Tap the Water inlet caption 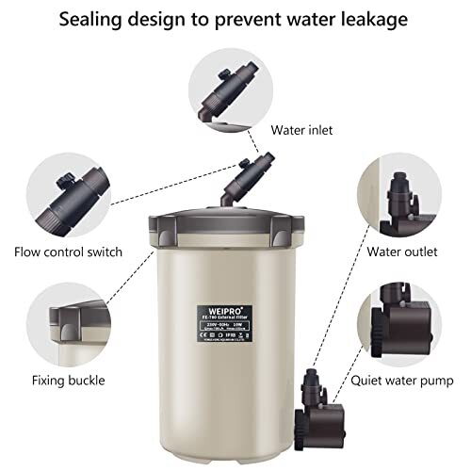pos(301,130)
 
